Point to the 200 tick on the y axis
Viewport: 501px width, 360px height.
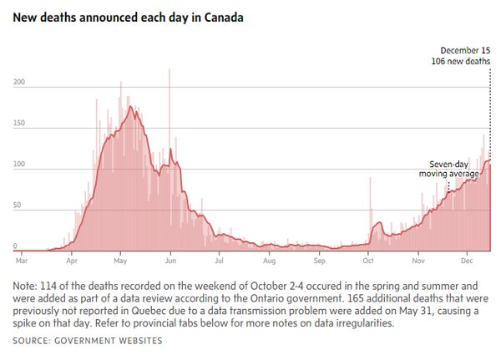[18, 83]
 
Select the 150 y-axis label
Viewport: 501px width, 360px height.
[18, 124]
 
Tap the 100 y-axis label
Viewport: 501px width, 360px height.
[18, 165]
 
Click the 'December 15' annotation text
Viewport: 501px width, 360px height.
[464, 50]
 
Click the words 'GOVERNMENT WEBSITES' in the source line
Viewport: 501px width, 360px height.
[116, 341]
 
